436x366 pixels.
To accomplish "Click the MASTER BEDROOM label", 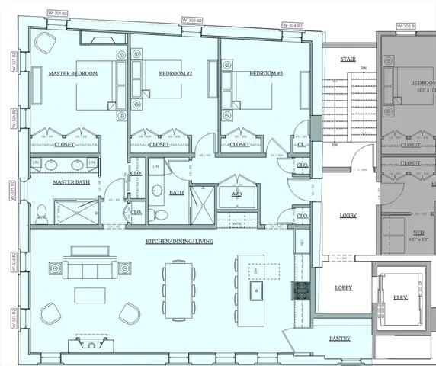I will pyautogui.click(x=73, y=74).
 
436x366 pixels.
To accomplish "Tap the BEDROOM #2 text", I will pyautogui.click(x=175, y=74).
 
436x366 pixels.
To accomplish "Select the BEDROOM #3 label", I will pyautogui.click(x=266, y=74).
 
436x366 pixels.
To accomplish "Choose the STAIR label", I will pyautogui.click(x=348, y=58).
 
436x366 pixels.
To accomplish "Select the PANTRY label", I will pyautogui.click(x=340, y=338).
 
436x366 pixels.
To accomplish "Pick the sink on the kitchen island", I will pyautogui.click(x=257, y=291).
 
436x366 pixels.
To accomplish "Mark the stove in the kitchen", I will pyautogui.click(x=301, y=290).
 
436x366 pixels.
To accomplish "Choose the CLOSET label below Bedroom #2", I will pyautogui.click(x=159, y=144).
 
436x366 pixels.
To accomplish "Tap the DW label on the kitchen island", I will pyautogui.click(x=257, y=271).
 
